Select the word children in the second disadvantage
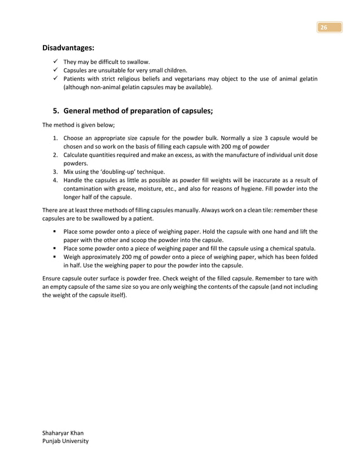[x=173, y=71]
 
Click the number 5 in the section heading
[x=55, y=111]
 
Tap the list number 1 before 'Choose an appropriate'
[x=55, y=138]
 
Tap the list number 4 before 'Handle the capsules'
[x=55, y=181]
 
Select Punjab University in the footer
[x=66, y=441]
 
